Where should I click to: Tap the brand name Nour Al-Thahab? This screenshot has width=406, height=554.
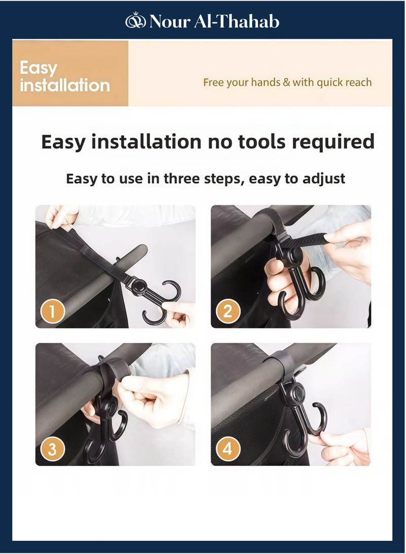click(214, 21)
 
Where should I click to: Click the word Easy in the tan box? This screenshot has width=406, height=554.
click(39, 68)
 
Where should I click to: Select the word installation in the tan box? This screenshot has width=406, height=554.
click(64, 85)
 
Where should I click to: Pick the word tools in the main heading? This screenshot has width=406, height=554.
click(259, 142)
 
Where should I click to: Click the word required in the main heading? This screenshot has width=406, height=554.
click(333, 142)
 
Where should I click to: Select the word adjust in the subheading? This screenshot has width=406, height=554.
click(324, 179)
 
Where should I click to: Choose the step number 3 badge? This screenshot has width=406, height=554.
click(52, 449)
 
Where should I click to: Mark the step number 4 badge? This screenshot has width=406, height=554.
click(228, 449)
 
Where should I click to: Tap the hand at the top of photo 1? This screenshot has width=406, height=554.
click(61, 216)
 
